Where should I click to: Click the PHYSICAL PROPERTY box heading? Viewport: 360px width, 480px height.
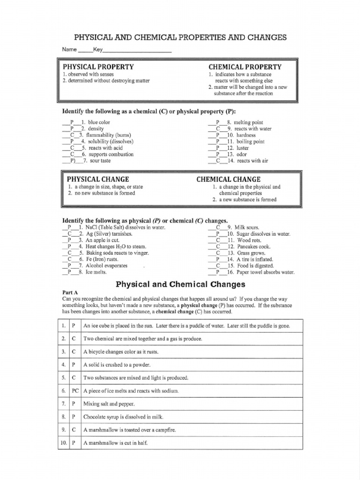tap(98, 67)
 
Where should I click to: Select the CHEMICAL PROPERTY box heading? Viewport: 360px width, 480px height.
tap(245, 67)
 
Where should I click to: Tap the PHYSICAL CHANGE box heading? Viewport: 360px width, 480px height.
tap(98, 179)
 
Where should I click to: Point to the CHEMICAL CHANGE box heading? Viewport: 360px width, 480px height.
tap(228, 179)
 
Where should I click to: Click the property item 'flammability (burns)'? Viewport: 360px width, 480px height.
tap(106, 135)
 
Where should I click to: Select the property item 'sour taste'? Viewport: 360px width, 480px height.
tap(100, 161)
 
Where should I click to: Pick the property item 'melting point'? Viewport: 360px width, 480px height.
tap(248, 122)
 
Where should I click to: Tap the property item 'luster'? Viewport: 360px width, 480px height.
tap(243, 148)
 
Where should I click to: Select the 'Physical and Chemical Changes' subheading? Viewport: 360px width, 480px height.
tap(180, 284)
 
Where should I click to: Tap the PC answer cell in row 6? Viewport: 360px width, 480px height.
tap(75, 390)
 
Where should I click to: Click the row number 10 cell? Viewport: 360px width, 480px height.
tap(63, 442)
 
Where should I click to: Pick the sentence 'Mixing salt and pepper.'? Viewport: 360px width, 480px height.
tap(109, 403)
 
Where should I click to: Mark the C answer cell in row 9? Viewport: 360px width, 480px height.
tap(75, 429)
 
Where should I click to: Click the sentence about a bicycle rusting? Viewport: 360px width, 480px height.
tap(121, 351)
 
